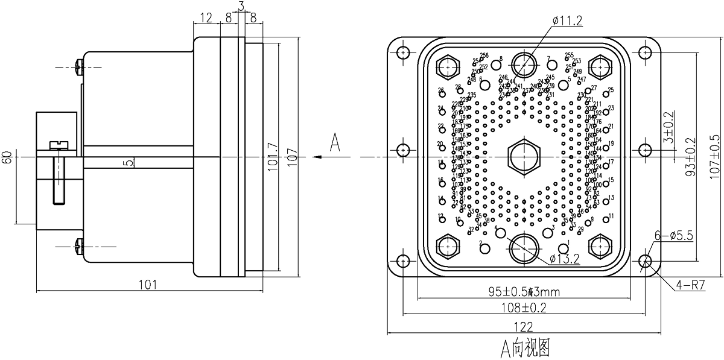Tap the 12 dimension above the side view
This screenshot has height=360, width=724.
click(x=206, y=18)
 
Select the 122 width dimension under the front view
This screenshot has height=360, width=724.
click(x=524, y=326)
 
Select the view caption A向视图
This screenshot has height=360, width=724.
click(x=524, y=348)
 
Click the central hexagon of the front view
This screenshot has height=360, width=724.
click(x=524, y=157)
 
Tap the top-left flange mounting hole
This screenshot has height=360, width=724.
click(x=402, y=52)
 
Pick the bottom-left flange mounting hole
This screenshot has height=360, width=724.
click(x=402, y=262)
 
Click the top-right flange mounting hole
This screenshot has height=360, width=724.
click(x=646, y=52)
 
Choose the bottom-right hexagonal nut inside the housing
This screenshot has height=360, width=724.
click(x=601, y=245)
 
